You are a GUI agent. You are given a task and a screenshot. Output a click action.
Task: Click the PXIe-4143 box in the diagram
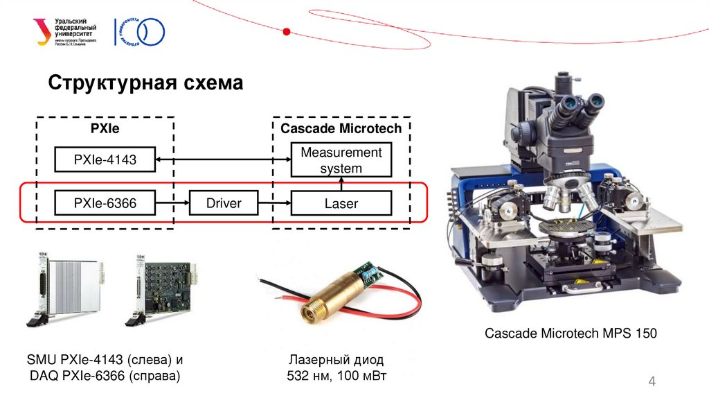(105, 161)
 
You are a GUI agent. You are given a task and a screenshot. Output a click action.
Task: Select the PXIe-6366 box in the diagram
(105, 203)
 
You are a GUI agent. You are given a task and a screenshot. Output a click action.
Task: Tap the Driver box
(224, 203)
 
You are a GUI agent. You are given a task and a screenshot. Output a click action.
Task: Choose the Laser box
(341, 203)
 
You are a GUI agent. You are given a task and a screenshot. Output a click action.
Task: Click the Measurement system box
(341, 160)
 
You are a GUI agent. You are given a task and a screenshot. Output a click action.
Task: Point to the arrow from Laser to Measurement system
(341, 184)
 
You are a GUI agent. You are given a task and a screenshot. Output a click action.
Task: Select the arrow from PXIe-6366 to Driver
(172, 203)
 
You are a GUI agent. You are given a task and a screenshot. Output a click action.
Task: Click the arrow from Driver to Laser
(274, 203)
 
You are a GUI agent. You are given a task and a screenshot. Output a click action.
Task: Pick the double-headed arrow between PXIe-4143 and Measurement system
(223, 161)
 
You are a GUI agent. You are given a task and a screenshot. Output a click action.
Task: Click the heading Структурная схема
(145, 84)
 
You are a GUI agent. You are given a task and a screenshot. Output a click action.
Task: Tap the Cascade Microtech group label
(341, 128)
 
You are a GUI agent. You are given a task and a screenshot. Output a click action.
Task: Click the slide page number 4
(651, 381)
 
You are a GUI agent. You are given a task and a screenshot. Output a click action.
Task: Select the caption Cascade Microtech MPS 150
(570, 334)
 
